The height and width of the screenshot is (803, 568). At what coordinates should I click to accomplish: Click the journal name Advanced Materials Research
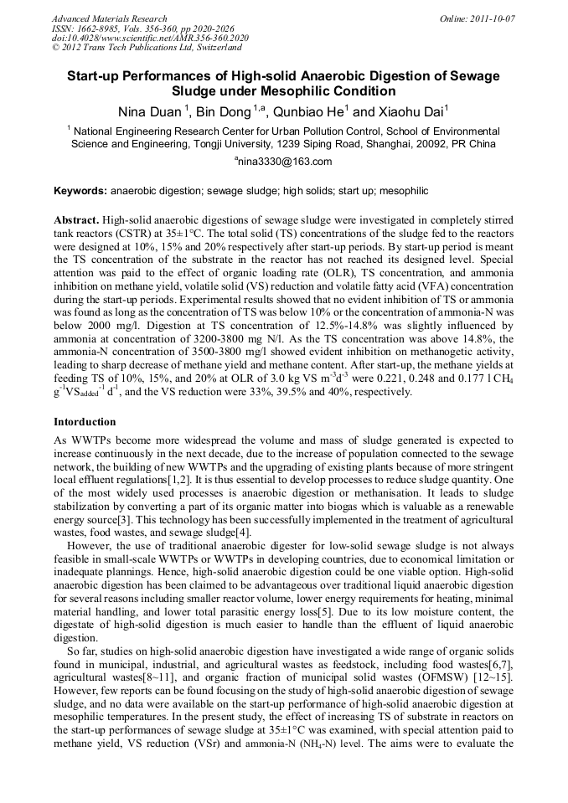pos(109,18)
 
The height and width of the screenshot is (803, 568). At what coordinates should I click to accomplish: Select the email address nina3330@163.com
pos(285,162)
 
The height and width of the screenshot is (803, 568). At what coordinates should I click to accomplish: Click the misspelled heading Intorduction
pos(85,421)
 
